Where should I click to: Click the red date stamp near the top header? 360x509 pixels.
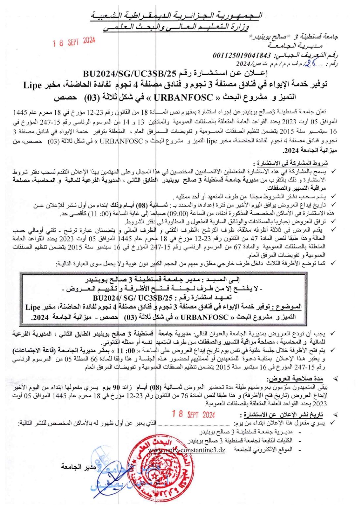[74, 42]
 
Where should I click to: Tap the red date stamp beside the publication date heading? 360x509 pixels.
[193, 414]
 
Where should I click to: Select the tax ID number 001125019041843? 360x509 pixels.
[241, 55]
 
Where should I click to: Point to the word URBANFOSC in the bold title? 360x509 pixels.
[183, 97]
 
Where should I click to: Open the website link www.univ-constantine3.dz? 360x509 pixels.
[187, 450]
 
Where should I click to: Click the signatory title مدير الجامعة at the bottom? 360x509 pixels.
[78, 467]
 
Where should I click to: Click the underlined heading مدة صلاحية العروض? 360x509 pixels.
[295, 378]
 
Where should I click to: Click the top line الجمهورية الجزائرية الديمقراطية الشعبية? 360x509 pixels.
[177, 16]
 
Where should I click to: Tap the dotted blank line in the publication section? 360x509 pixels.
[194, 424]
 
